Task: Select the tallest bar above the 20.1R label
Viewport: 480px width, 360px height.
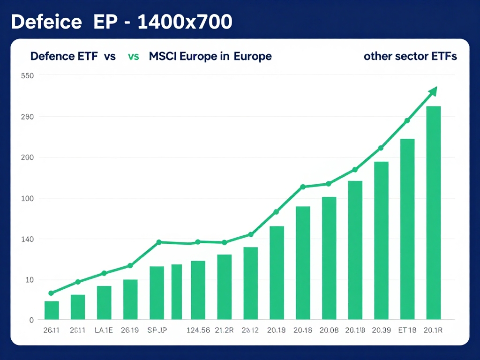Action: point(434,213)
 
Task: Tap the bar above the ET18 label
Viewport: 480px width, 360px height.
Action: point(407,230)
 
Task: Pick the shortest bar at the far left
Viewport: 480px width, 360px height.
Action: point(52,311)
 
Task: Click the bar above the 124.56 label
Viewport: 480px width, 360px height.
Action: point(198,291)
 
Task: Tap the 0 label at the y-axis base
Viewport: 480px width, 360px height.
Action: point(31,320)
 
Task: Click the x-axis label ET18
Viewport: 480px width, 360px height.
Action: point(406,330)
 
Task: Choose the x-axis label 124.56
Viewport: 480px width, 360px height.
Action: point(198,330)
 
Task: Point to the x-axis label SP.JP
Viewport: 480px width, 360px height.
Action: point(157,330)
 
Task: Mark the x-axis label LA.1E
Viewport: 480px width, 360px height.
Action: point(104,330)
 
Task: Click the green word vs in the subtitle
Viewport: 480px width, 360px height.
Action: point(133,57)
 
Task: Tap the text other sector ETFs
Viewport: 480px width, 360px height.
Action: point(410,57)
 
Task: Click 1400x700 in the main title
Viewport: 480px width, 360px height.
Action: point(185,22)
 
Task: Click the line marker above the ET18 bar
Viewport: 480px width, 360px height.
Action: point(407,120)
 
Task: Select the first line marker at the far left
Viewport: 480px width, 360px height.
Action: point(51,293)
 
